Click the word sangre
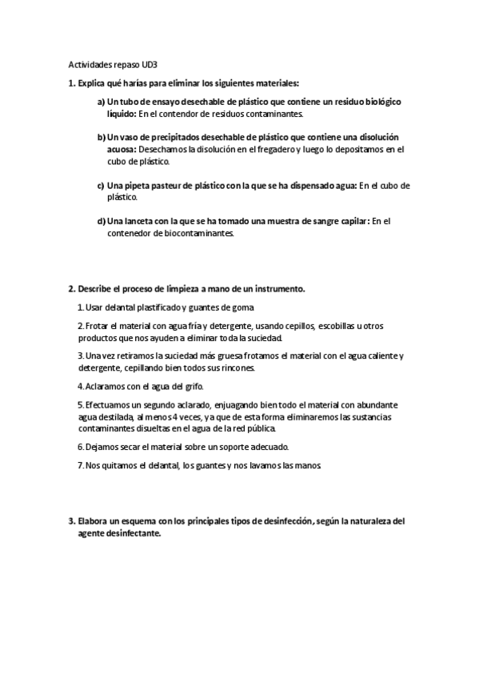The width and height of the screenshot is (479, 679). tap(297, 221)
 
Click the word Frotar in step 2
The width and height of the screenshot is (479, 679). tap(98, 326)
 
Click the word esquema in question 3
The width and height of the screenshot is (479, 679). tap(138, 520)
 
